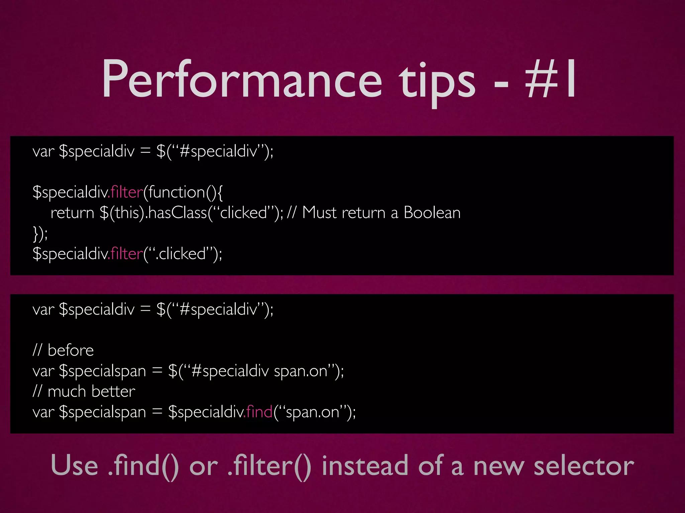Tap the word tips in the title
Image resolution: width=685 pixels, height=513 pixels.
click(x=436, y=82)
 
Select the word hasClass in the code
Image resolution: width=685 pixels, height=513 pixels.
click(x=177, y=213)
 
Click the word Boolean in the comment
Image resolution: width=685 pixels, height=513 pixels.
click(x=432, y=213)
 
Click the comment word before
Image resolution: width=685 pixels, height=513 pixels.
click(x=71, y=350)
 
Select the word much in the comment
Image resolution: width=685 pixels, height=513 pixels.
click(x=67, y=391)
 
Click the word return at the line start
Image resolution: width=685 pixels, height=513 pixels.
click(x=72, y=213)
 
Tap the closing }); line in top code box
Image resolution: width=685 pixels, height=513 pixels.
click(x=40, y=233)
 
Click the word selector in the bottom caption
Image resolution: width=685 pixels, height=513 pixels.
click(x=583, y=466)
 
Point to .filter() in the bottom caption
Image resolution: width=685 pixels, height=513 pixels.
click(x=269, y=466)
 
